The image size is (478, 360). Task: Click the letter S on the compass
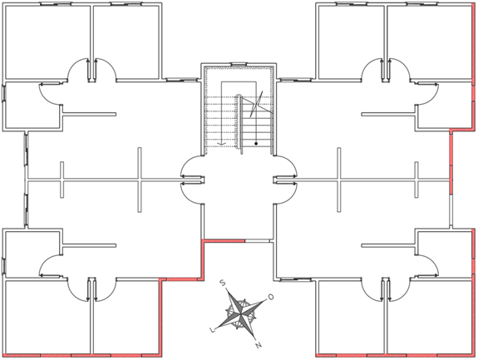click(223, 284)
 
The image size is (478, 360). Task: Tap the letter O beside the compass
click(270, 297)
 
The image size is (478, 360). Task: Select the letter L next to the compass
click(213, 330)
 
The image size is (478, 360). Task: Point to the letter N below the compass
click(259, 345)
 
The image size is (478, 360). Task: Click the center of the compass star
click(241, 313)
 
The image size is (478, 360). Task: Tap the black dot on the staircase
click(256, 143)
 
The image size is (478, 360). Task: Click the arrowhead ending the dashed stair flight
click(222, 143)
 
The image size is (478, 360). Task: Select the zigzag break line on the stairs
click(256, 104)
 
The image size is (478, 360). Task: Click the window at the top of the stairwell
click(238, 64)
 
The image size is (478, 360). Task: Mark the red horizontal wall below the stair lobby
click(224, 241)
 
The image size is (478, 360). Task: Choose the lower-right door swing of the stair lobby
click(285, 194)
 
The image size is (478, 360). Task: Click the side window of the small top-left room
click(4, 92)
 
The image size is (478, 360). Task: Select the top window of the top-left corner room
click(56, 4)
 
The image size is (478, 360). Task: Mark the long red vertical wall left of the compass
click(160, 317)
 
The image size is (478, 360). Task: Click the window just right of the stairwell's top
click(295, 80)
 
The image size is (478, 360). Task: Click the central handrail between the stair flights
click(241, 125)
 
